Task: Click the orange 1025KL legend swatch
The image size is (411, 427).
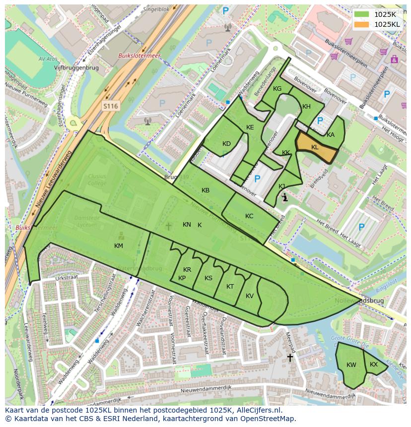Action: pos(361,24)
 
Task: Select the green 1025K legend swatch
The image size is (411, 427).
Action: pos(361,14)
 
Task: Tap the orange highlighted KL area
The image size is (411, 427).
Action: pos(317,148)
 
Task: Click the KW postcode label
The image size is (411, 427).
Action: pos(351,365)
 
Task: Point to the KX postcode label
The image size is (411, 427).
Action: pos(374,365)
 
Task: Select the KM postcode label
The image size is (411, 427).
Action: pos(118,246)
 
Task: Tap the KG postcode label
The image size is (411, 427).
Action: pos(277,89)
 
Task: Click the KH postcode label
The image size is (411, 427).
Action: pos(306,107)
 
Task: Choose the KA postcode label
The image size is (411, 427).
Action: pos(331,135)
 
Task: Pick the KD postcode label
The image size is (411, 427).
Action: pos(226,144)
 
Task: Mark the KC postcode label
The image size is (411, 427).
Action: pos(249,216)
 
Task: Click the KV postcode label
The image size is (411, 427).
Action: pos(250,296)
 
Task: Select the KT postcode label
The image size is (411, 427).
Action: pos(230,287)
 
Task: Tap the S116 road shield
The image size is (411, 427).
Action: pos(111,106)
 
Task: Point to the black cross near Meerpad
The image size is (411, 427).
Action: pos(290,357)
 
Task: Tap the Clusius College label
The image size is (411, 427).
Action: pos(97,180)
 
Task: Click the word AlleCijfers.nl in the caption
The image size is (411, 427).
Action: pos(257,411)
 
